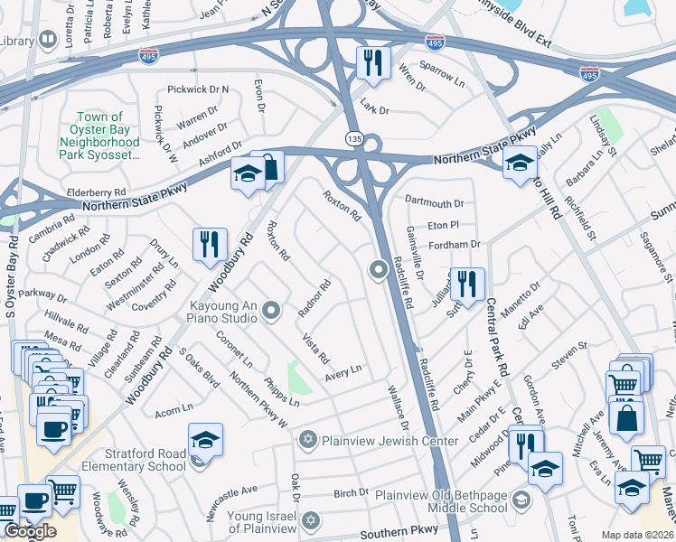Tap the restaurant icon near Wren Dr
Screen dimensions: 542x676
(371, 62)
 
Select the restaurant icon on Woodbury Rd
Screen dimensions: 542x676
(208, 245)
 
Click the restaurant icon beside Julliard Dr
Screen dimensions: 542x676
(466, 284)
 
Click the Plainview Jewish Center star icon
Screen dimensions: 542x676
(307, 440)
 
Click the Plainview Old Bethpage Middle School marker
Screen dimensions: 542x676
(521, 500)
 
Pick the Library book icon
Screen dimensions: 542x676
(47, 41)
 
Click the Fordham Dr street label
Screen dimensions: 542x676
(454, 244)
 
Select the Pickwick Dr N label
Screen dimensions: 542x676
(199, 89)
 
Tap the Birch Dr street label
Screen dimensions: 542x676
(351, 493)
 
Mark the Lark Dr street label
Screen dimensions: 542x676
(374, 110)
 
